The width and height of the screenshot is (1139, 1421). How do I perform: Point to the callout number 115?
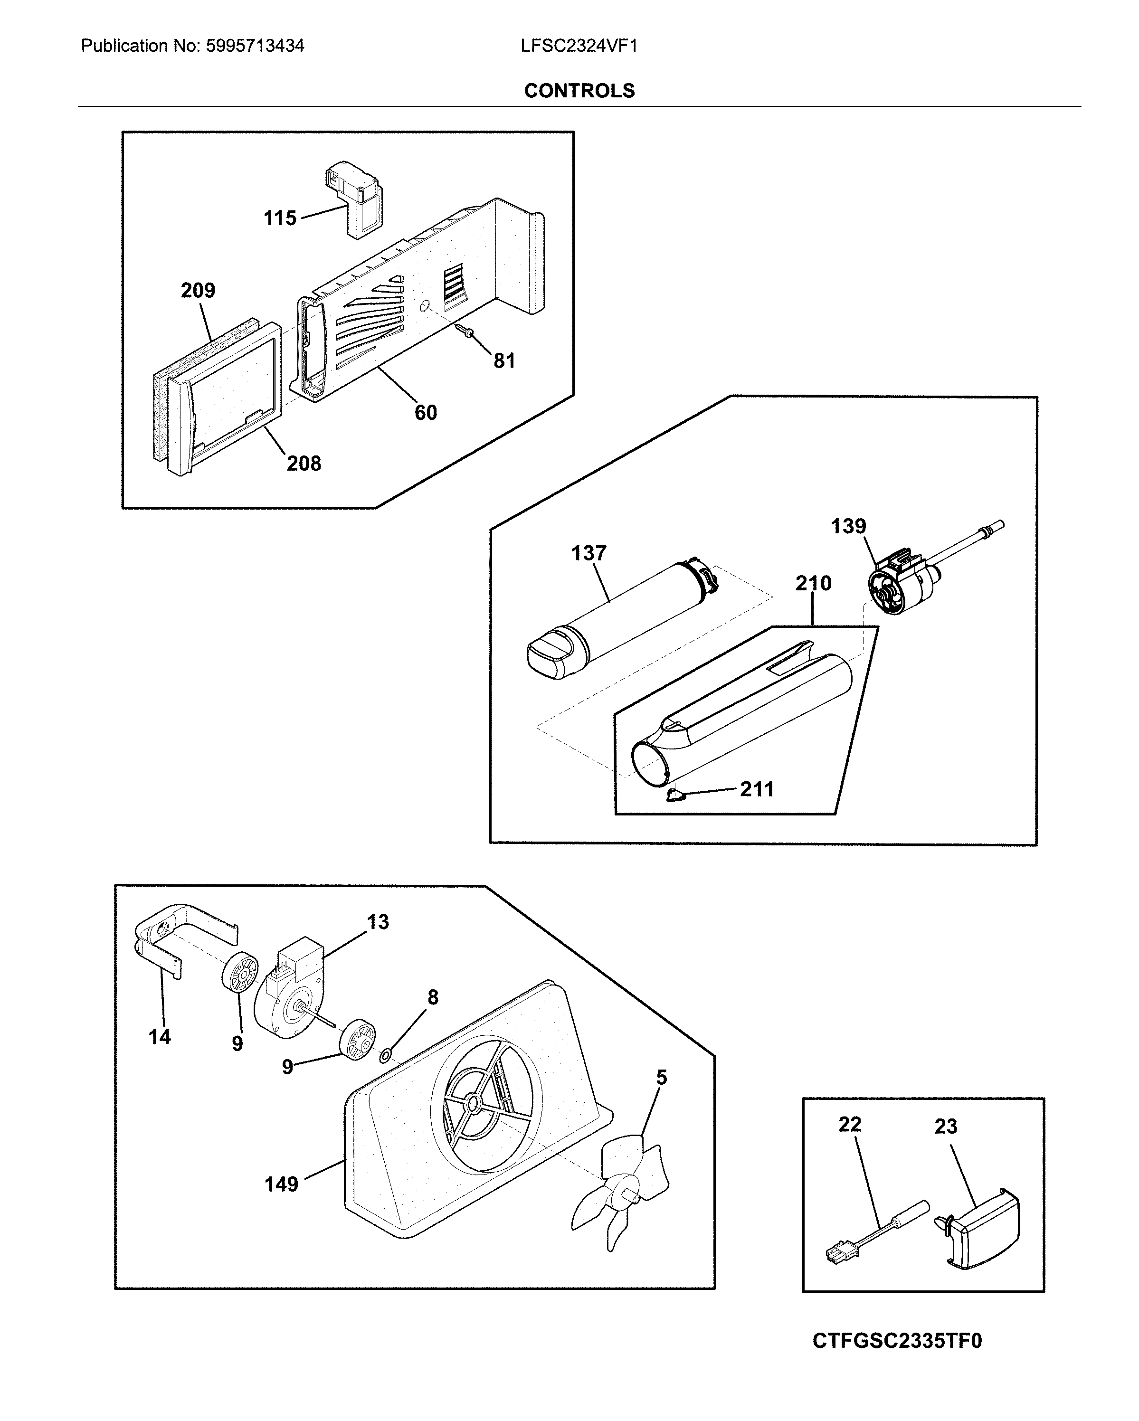tap(280, 218)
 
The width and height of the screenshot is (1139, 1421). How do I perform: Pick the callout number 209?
tap(198, 290)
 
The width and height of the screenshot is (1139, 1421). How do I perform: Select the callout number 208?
tap(304, 464)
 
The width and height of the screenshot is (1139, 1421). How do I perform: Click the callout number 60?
tap(425, 413)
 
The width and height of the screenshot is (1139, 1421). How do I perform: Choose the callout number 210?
tap(813, 583)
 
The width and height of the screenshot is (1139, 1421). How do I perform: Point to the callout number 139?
tap(848, 526)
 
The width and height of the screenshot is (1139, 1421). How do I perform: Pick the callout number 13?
tap(378, 922)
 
